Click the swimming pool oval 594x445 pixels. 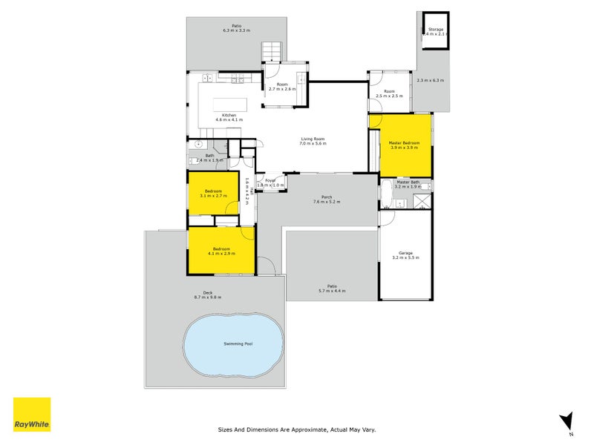234,343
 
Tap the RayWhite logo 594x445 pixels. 32,415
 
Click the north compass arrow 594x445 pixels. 567,421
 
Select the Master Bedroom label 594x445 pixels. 405,142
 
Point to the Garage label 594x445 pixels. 405,253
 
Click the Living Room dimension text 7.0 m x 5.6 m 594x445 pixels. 313,144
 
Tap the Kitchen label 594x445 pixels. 229,114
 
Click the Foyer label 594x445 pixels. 270,179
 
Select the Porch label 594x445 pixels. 326,197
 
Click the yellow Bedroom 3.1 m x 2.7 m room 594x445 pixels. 213,193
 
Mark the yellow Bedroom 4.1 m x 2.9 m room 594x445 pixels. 221,251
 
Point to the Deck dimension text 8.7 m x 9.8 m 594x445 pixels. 208,297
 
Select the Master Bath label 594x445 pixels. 408,182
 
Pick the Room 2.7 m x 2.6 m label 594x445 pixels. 282,85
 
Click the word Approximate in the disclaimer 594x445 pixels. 305,429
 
